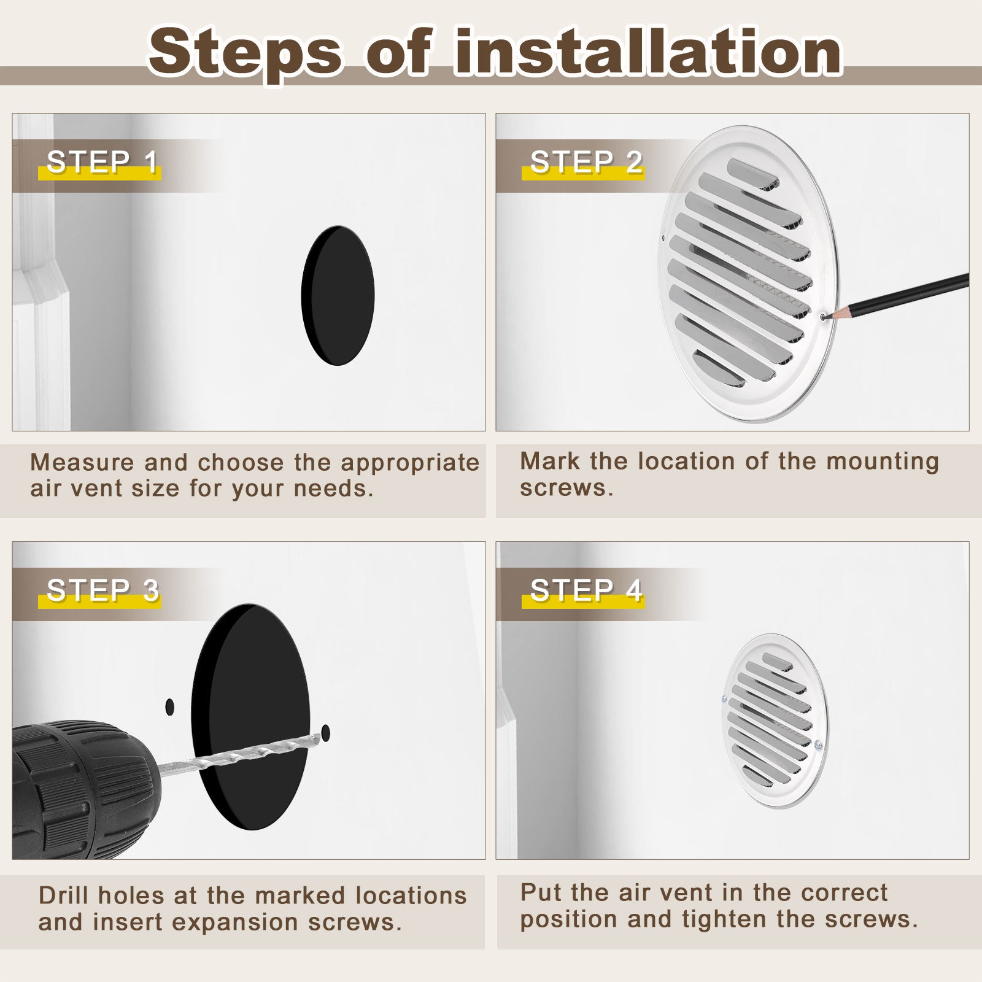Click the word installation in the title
(648, 52)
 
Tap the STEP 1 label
(102, 162)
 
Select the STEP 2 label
(587, 162)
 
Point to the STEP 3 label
(103, 590)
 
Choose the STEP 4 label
(587, 590)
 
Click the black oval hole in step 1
(338, 295)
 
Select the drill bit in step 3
(239, 750)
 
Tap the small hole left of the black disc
(170, 707)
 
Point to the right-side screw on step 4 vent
(818, 746)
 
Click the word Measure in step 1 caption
(82, 462)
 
